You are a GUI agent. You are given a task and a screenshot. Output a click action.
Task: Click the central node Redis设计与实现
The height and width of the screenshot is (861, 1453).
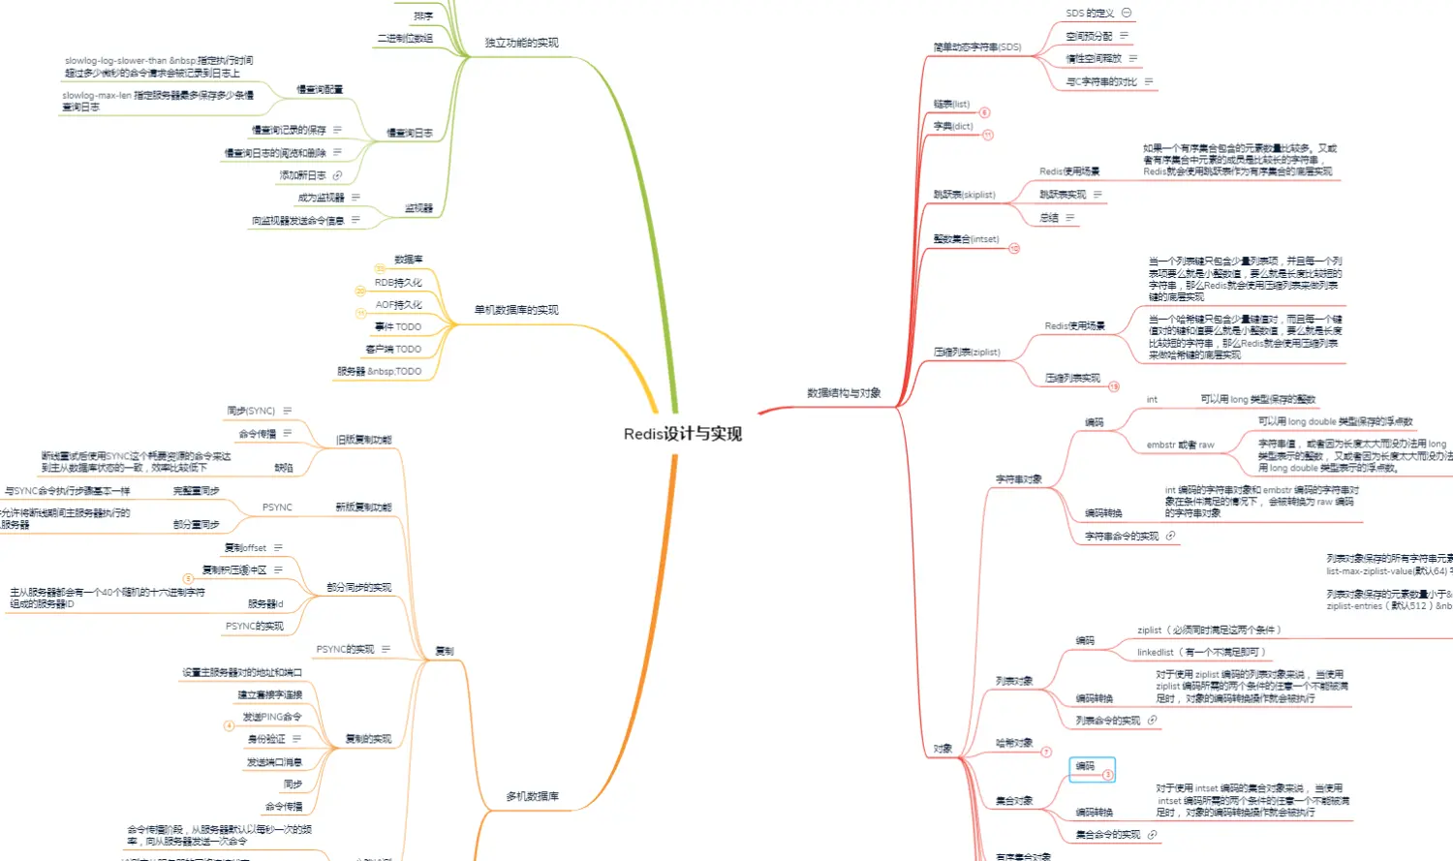coord(683,434)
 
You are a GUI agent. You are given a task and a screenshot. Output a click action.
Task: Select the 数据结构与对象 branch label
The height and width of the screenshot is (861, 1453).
coord(844,393)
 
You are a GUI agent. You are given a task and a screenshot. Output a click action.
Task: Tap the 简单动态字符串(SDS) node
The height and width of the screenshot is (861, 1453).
coord(976,47)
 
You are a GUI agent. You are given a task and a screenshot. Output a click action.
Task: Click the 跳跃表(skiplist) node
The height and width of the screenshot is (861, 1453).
coord(964,195)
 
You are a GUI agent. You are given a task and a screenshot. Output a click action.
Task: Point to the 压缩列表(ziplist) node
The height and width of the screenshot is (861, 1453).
coord(967,353)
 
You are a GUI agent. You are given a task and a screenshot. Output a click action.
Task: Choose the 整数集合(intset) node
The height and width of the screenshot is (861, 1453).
coord(966,239)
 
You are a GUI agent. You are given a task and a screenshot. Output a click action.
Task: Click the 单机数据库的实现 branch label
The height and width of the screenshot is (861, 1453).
coord(516,310)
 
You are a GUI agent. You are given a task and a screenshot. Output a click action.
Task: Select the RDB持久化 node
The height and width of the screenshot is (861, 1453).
coord(398,283)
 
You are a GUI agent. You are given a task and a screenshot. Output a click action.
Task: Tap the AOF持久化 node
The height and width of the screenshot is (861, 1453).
coord(399,305)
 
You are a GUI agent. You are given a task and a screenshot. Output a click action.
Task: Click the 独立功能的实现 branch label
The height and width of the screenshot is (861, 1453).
coord(521,43)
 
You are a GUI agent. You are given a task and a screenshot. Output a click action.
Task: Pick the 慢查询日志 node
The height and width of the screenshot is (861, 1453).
coord(410,134)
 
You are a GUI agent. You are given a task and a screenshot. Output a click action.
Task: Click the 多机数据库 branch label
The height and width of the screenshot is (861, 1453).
coord(532,796)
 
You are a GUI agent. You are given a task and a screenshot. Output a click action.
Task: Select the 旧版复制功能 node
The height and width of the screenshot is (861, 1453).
coord(363,440)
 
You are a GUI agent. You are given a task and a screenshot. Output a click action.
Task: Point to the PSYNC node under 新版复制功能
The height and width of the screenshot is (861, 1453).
coord(277,507)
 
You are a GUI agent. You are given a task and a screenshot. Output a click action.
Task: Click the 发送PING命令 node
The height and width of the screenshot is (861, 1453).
coord(272,717)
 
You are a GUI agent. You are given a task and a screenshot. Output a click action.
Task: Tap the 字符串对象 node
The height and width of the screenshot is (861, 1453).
coord(1018,479)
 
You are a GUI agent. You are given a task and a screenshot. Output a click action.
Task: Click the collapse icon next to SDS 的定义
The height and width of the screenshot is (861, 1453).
coord(1127,13)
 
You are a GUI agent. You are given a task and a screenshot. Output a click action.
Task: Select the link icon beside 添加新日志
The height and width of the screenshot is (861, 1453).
coord(337,175)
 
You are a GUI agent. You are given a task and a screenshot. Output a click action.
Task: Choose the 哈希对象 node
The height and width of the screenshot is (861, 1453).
coord(1014,743)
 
